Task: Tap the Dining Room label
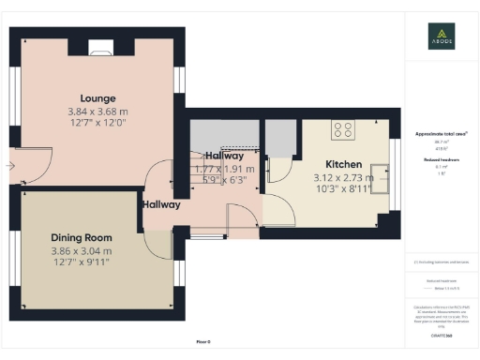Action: click(x=81, y=238)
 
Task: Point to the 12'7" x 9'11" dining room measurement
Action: click(x=81, y=263)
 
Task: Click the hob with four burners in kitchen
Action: click(x=344, y=131)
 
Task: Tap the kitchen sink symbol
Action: click(x=380, y=171)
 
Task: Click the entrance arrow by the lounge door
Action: click(x=9, y=166)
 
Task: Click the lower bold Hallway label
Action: click(x=161, y=204)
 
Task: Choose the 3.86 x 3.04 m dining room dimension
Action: click(x=81, y=251)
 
